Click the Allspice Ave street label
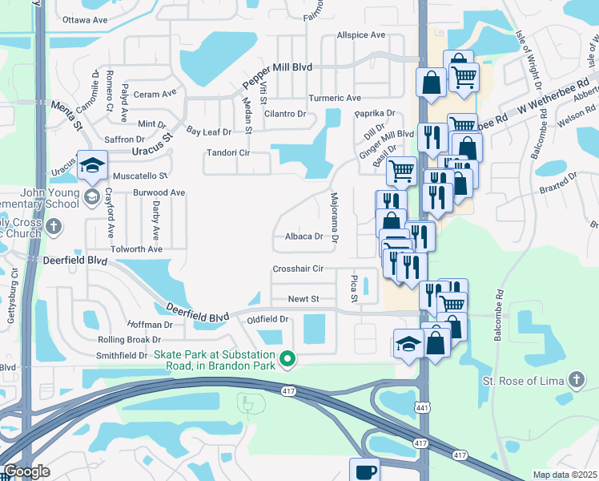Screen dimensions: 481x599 pos(360,35)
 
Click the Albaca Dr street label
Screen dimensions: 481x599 pos(304,236)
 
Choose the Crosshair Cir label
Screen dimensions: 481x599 pos(297,269)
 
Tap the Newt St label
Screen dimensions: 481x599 pos(304,299)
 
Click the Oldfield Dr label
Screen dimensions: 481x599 pos(267,319)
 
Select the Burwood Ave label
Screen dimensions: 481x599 pos(159,192)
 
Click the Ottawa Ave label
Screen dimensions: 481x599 pos(84,18)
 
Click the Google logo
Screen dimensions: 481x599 pos(26,471)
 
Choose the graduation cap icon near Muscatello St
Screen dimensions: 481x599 pos(92,165)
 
